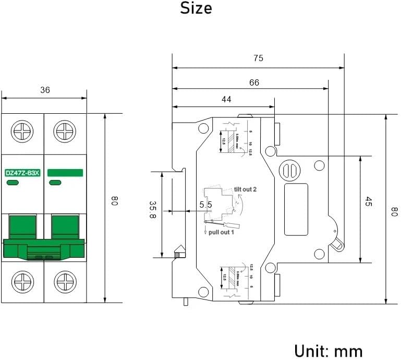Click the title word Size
point(196,8)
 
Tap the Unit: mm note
point(329,350)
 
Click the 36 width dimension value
point(45,90)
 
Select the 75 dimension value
point(258,58)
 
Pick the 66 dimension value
point(254,82)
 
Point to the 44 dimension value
point(226,99)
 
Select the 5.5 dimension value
point(205,205)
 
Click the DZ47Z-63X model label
point(22,173)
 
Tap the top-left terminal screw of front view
point(23,129)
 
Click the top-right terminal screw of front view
point(65,129)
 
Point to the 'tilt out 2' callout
point(245,190)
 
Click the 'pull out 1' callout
point(221,232)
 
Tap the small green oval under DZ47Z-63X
point(12,182)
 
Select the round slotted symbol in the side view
point(290,170)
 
